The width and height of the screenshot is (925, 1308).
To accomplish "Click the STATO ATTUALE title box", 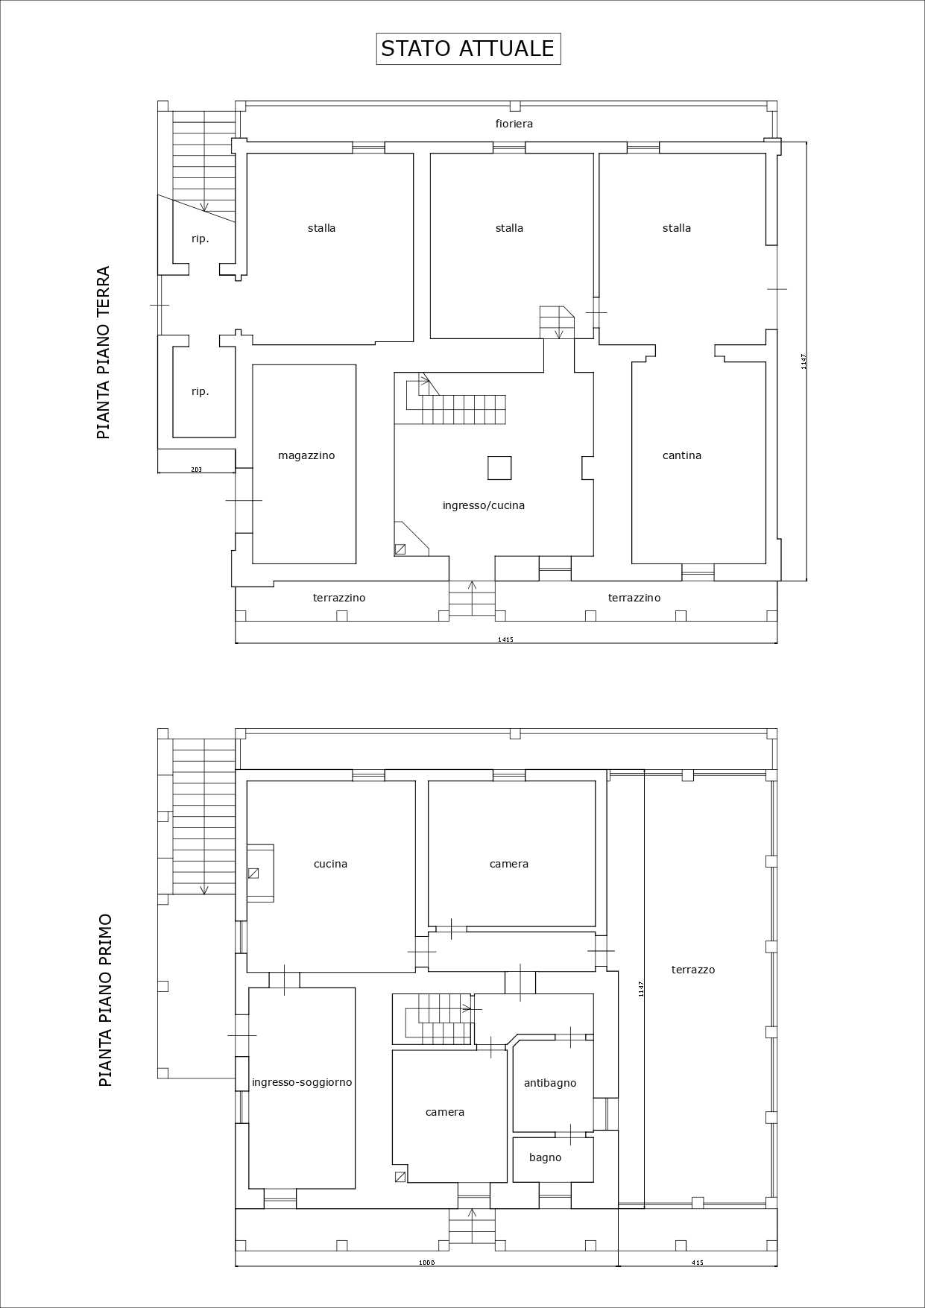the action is (x=468, y=48).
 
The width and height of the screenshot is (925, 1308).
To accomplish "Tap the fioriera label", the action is (x=514, y=124).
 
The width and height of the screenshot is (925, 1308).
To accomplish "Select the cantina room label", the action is (x=682, y=455).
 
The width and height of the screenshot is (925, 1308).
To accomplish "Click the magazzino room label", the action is (x=306, y=455).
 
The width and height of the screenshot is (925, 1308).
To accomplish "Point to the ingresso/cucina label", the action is (x=484, y=505).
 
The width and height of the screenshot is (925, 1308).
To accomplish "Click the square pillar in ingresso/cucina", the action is (x=499, y=467).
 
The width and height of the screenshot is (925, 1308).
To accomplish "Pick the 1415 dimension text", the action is (x=505, y=639).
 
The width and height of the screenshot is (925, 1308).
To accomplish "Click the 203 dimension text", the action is (x=197, y=470).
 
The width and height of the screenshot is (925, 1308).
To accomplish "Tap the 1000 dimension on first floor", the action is (x=426, y=1263).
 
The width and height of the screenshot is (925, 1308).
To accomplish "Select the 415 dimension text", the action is (x=698, y=1263).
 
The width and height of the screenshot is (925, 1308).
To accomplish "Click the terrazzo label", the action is (x=693, y=970).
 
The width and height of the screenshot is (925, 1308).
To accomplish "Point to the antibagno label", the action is (x=550, y=1083).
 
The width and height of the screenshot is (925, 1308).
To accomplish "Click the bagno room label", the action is (x=546, y=1157).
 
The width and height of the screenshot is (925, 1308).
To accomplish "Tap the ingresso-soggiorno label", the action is (x=302, y=1082).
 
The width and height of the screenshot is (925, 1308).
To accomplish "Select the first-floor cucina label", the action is (x=330, y=864).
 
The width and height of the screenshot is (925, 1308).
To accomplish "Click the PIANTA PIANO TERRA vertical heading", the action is (x=104, y=353).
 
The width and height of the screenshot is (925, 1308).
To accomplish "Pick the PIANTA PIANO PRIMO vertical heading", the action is (x=105, y=1000).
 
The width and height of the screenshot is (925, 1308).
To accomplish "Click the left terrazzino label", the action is (x=339, y=598).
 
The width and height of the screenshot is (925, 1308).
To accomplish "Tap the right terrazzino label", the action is (x=634, y=598).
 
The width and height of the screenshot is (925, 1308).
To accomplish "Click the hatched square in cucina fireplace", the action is (x=253, y=873).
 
